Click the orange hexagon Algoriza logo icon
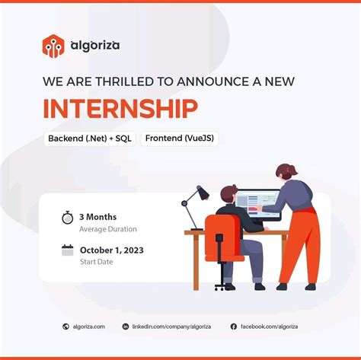pyautogui.click(x=53, y=46)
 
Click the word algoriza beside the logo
pyautogui.click(x=94, y=46)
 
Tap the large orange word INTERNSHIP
pyautogui.click(x=120, y=108)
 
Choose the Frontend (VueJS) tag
pyautogui.click(x=180, y=140)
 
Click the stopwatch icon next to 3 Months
pyautogui.click(x=67, y=218)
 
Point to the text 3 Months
pyautogui.click(x=98, y=217)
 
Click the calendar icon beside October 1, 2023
pyautogui.click(x=67, y=250)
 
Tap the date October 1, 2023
pyautogui.click(x=113, y=249)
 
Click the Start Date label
pyautogui.click(x=96, y=262)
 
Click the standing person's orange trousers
pyautogui.click(x=302, y=244)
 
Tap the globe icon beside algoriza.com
pyautogui.click(x=65, y=327)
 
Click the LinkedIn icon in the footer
pyautogui.click(x=125, y=327)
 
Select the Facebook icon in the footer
pyautogui.click(x=234, y=327)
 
